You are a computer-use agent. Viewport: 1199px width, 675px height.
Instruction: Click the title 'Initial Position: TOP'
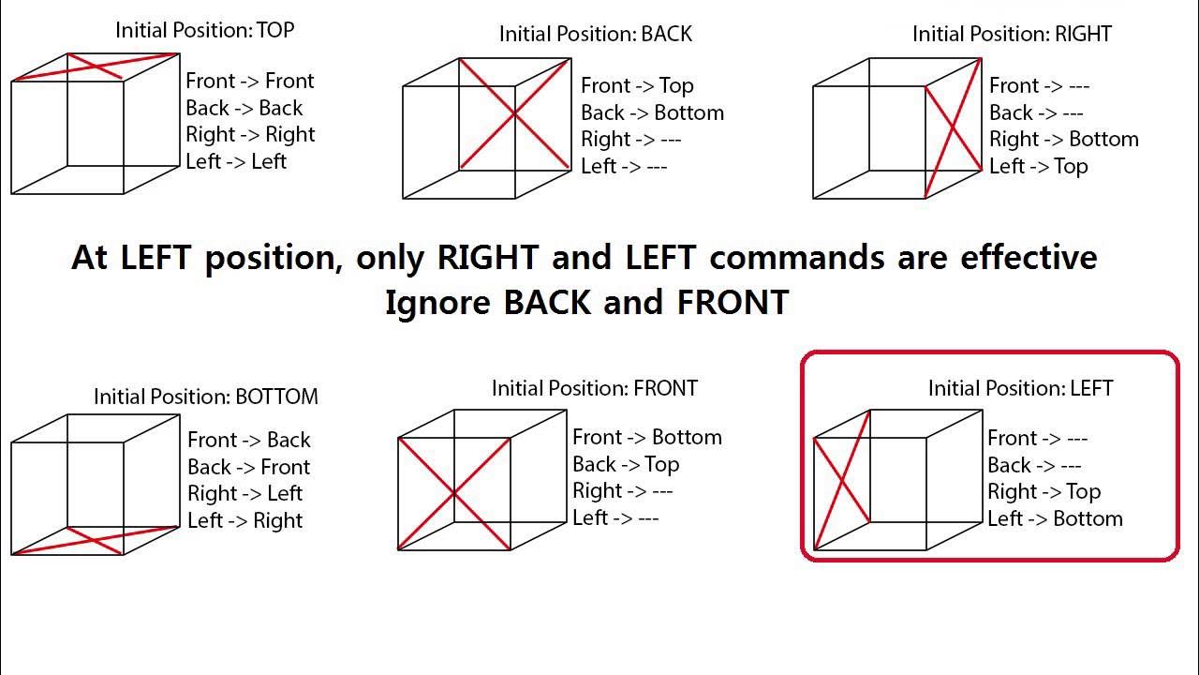click(204, 30)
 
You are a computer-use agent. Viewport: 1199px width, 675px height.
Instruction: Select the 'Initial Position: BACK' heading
click(595, 35)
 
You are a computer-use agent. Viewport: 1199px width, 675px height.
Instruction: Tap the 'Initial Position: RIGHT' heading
click(1012, 35)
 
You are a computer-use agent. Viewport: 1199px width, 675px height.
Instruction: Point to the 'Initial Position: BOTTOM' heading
click(205, 397)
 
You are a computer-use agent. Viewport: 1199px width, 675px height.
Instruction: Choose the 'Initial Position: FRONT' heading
click(595, 388)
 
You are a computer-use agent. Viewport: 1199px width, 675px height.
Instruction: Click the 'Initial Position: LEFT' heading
click(1020, 388)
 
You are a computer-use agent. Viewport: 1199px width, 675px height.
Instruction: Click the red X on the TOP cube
click(96, 67)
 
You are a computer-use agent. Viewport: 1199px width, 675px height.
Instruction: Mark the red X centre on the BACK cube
click(514, 114)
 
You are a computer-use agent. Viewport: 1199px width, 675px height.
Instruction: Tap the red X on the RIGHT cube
click(954, 127)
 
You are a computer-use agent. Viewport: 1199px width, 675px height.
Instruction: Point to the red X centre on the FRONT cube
click(454, 493)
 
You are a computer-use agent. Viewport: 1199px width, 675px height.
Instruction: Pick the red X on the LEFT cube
click(842, 480)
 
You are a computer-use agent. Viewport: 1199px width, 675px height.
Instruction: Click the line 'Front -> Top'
click(637, 86)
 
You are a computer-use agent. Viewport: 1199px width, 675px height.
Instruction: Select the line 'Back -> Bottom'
click(652, 113)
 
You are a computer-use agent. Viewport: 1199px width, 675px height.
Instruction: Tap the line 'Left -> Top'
click(1038, 167)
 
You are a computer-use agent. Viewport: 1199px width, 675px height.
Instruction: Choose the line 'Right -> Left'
click(244, 494)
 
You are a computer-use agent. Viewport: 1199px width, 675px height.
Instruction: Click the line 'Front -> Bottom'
click(646, 438)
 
